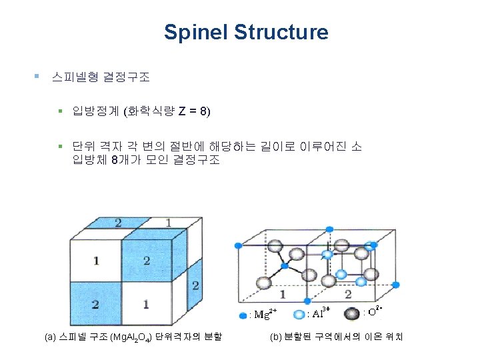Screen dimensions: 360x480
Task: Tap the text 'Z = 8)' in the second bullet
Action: [193, 111]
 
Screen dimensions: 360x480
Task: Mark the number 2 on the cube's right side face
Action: [195, 285]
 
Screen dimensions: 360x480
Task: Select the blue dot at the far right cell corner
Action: [396, 285]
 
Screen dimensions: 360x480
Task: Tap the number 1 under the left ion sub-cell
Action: [283, 294]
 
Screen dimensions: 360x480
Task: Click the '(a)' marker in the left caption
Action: [50, 338]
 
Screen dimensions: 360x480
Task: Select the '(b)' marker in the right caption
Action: [276, 338]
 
